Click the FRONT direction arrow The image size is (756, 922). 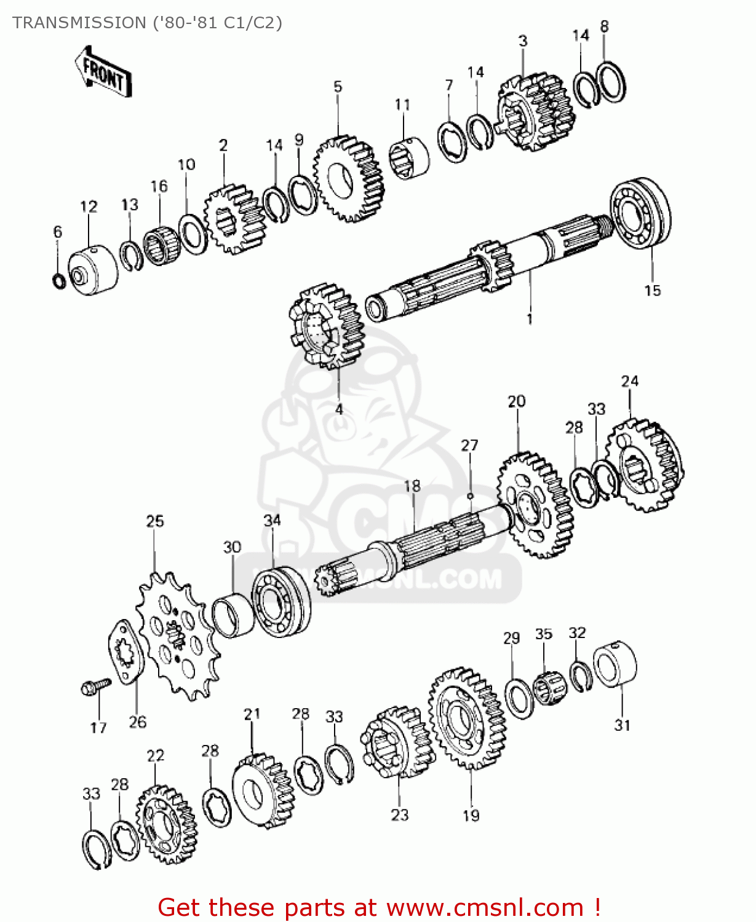(x=103, y=73)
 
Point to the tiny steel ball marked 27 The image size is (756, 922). (x=470, y=495)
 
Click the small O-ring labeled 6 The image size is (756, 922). (x=58, y=280)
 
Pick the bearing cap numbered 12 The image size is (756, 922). (x=92, y=271)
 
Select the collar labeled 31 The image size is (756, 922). (x=615, y=664)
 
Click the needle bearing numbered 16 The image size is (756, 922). (x=161, y=245)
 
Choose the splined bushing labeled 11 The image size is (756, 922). (x=409, y=158)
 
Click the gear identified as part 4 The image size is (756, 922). (x=327, y=326)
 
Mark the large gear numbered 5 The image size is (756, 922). (x=349, y=179)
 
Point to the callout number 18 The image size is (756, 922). (x=412, y=486)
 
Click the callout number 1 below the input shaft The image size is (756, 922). (x=529, y=318)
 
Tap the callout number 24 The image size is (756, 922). (x=629, y=381)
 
